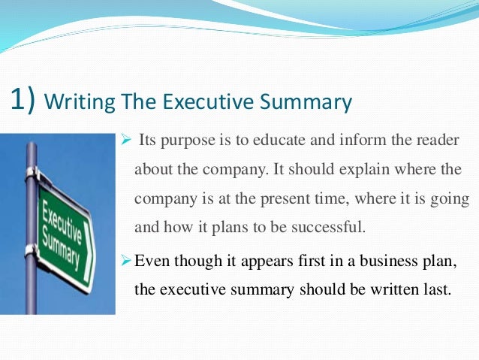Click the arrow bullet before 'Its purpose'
[x=125, y=142]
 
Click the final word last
[x=438, y=289]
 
